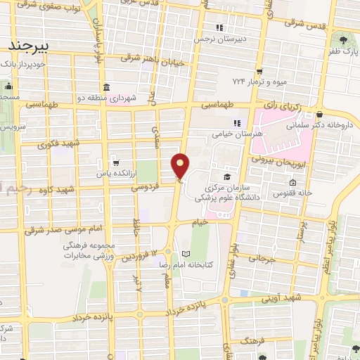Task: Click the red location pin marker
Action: (181, 167)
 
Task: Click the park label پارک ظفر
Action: (343, 52)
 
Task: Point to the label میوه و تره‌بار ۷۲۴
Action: (257, 82)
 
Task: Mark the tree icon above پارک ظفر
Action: (343, 41)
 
